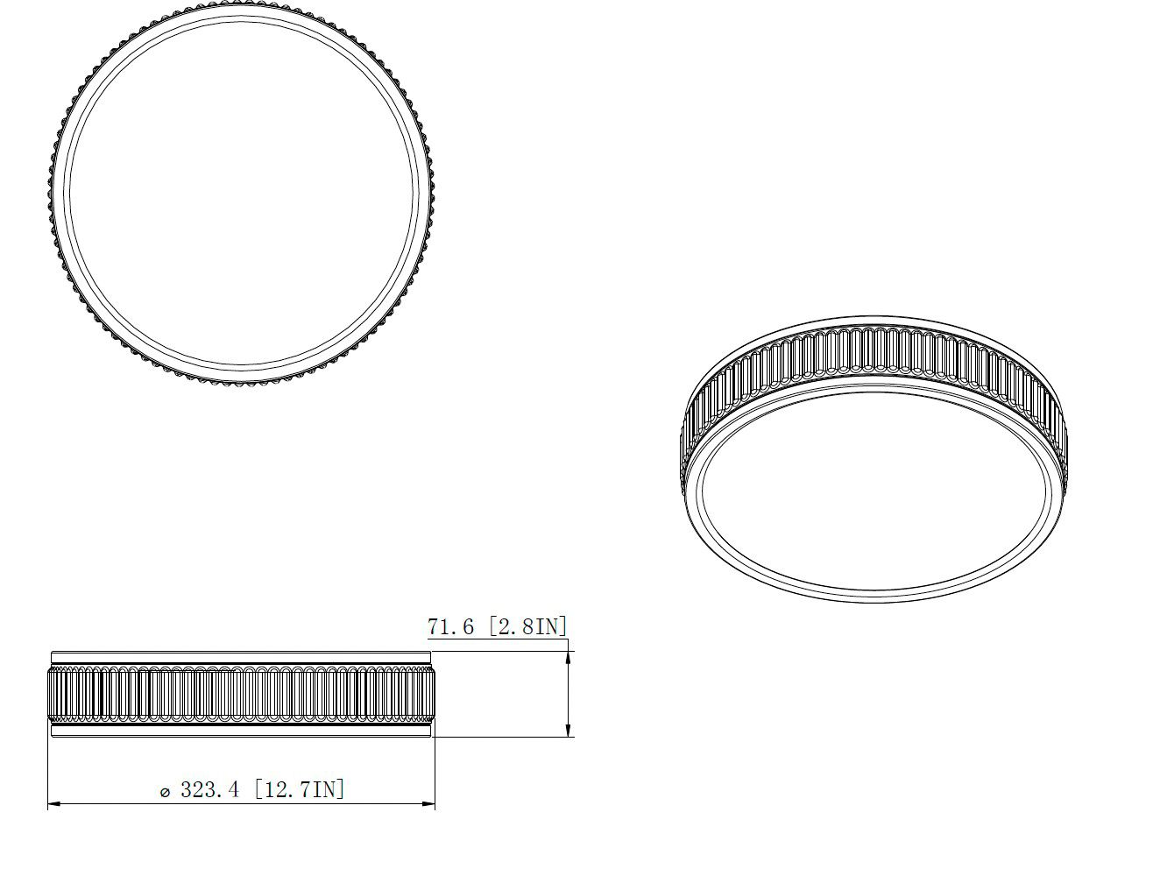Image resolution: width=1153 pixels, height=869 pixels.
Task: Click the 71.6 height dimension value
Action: [x=450, y=626]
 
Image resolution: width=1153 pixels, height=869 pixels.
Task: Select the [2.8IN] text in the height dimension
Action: [x=528, y=626]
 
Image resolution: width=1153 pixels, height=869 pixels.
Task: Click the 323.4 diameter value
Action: [x=209, y=789]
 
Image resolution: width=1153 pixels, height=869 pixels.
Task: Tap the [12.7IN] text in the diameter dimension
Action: [x=300, y=789]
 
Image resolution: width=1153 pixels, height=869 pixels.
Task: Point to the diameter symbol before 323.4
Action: [x=165, y=792]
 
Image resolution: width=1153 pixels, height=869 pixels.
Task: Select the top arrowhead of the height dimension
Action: [x=569, y=646]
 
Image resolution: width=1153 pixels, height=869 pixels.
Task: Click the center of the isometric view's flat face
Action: [x=874, y=491]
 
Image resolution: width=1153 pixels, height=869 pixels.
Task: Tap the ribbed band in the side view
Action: [x=241, y=695]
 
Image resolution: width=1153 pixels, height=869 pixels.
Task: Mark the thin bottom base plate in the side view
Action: [x=241, y=731]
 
